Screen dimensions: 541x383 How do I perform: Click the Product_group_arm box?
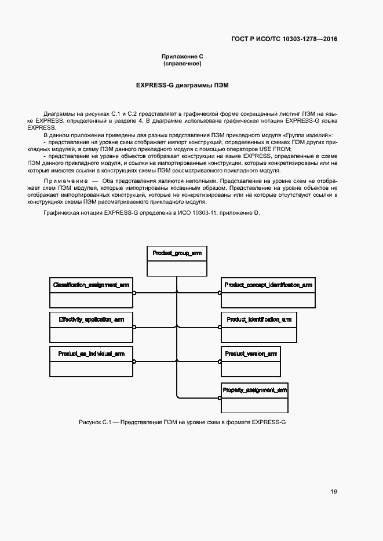(x=176, y=262)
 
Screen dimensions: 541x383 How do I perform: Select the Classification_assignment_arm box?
(x=91, y=293)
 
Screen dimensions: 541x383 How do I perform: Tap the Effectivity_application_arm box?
(x=91, y=327)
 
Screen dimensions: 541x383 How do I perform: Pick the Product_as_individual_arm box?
(x=91, y=361)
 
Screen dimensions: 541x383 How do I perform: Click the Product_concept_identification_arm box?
(x=268, y=293)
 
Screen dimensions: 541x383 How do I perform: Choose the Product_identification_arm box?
(x=259, y=327)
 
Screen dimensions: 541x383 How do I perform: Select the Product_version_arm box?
(x=251, y=361)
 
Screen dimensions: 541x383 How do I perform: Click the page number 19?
(x=334, y=492)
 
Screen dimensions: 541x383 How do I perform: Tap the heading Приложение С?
(x=182, y=56)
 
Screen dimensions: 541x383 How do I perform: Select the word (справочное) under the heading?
(x=182, y=64)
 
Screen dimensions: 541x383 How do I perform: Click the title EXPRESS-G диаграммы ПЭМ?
(x=182, y=85)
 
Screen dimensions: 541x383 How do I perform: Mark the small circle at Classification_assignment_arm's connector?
(x=134, y=293)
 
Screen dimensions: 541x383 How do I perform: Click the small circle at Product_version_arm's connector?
(x=220, y=361)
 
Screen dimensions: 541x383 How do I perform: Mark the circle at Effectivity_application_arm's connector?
(x=134, y=327)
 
